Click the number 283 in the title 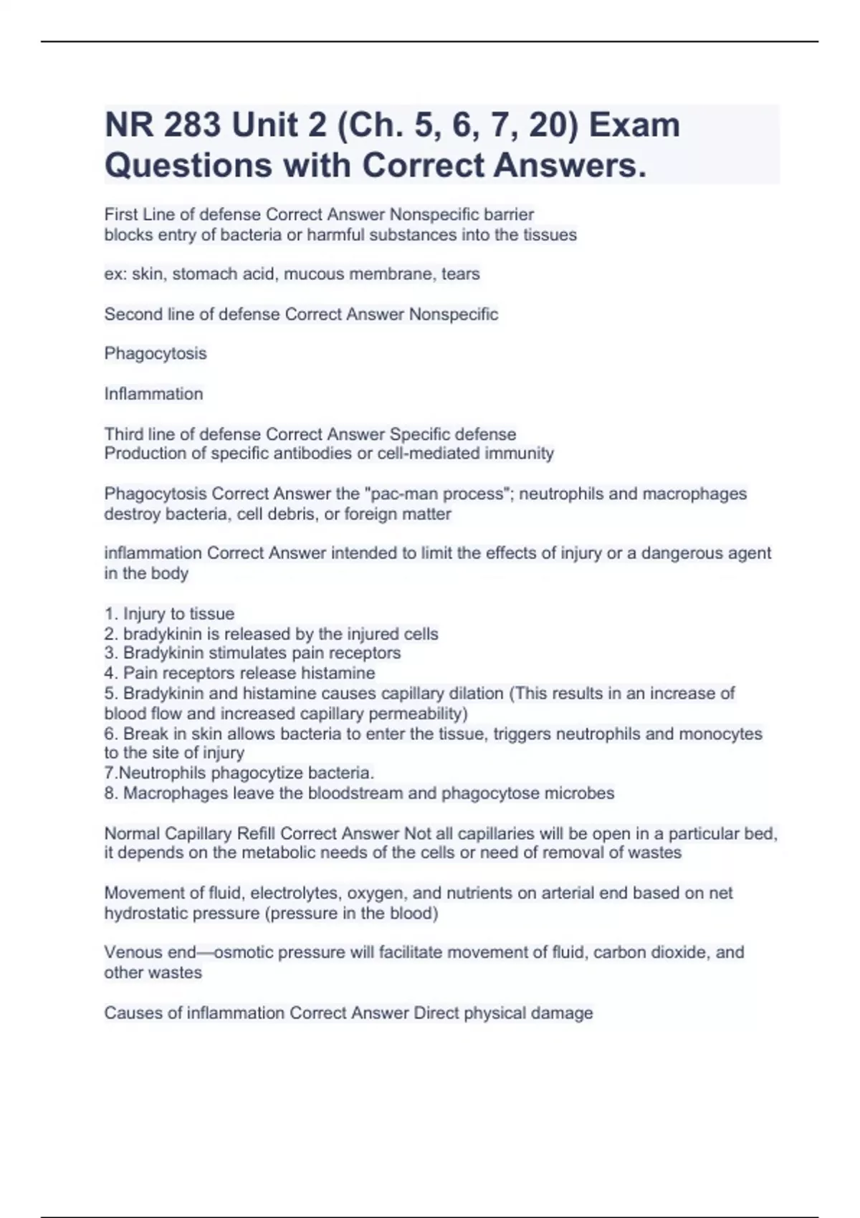[191, 125]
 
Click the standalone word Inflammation [153, 393]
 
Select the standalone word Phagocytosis [156, 353]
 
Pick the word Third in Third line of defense [123, 434]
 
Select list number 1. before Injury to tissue [111, 614]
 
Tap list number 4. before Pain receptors [111, 673]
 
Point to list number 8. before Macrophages [111, 793]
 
